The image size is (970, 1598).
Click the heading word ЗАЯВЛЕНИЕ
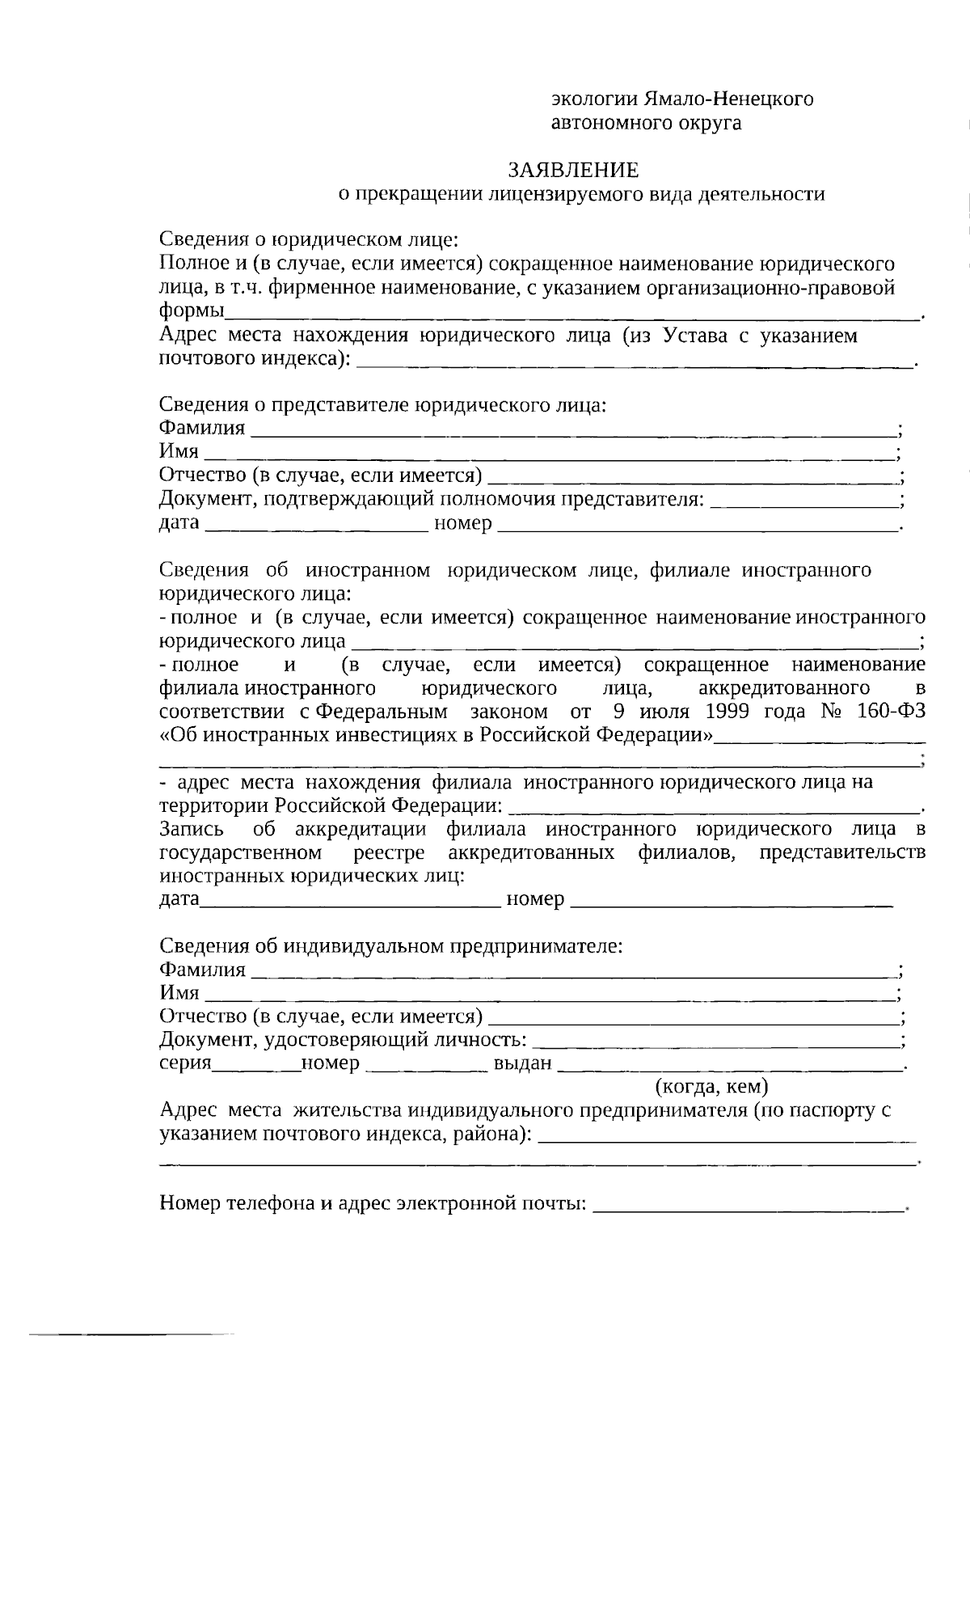(x=573, y=170)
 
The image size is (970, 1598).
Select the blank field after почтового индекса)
(x=635, y=364)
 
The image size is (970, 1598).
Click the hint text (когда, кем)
(x=711, y=1085)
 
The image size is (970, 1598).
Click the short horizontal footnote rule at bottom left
(x=129, y=1332)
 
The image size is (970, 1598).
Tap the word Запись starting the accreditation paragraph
(x=188, y=830)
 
